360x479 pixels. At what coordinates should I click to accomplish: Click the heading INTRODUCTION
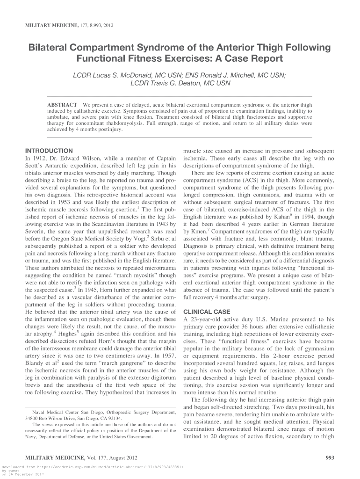click(x=49, y=151)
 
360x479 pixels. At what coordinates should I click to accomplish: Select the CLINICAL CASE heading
click(x=206, y=312)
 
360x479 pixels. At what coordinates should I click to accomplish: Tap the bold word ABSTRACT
click(x=63, y=104)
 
